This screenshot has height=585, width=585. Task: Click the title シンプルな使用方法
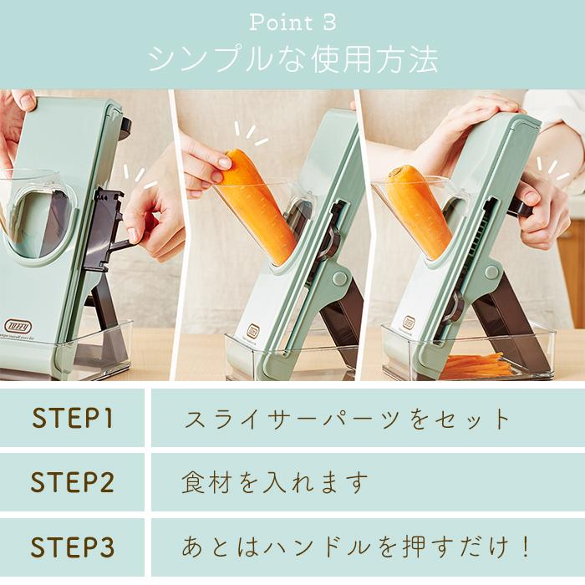(292, 59)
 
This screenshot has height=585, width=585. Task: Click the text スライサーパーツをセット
(347, 418)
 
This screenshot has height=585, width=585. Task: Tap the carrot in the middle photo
(259, 205)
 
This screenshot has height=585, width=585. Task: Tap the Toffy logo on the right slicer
(409, 322)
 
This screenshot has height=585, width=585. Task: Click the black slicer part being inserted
(107, 226)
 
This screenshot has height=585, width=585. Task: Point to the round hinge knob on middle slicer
(338, 278)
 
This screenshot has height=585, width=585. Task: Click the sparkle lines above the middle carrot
(248, 134)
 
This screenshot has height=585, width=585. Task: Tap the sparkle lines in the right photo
(552, 167)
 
